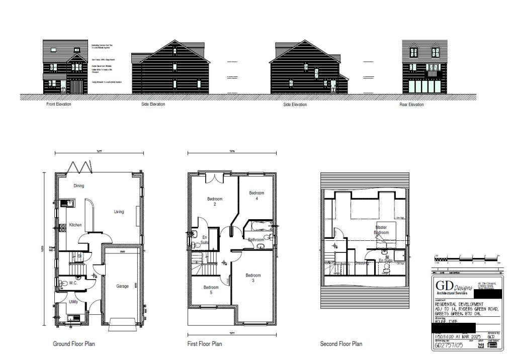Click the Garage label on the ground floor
(x=123, y=286)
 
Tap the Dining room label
(x=79, y=186)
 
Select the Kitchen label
(x=75, y=225)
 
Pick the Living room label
(x=119, y=212)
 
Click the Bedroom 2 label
(x=215, y=202)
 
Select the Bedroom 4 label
(x=256, y=196)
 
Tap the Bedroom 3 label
(x=253, y=278)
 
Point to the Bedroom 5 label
(x=211, y=290)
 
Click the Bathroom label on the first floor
(x=256, y=240)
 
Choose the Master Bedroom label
(x=381, y=230)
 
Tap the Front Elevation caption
(x=59, y=105)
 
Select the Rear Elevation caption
(x=411, y=105)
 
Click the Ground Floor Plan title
(x=74, y=344)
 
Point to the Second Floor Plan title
(x=341, y=344)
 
